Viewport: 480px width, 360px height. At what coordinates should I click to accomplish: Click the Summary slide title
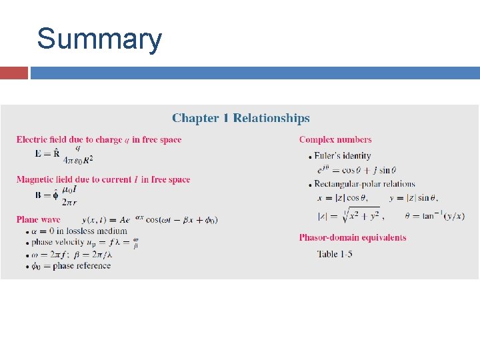pos(99,39)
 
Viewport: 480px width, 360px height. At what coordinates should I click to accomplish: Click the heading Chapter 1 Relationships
pos(241,119)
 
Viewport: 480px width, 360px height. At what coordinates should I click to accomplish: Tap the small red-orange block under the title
pos(14,73)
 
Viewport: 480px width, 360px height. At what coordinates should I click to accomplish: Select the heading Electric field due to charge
pos(99,139)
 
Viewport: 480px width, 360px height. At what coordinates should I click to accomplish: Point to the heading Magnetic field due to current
pos(103,179)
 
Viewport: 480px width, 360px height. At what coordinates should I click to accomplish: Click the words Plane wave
pos(38,219)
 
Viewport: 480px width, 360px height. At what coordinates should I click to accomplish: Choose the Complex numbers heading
pos(335,139)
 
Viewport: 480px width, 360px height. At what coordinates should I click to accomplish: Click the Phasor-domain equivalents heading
pos(353,237)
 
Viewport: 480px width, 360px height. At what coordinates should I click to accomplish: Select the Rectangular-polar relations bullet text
pos(365,184)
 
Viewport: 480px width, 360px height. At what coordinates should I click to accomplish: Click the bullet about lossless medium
pos(75,231)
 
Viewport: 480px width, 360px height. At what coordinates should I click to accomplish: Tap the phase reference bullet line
pos(72,266)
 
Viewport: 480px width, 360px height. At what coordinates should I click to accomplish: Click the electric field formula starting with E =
pos(64,154)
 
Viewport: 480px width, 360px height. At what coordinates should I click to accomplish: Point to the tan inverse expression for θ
pos(433,215)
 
